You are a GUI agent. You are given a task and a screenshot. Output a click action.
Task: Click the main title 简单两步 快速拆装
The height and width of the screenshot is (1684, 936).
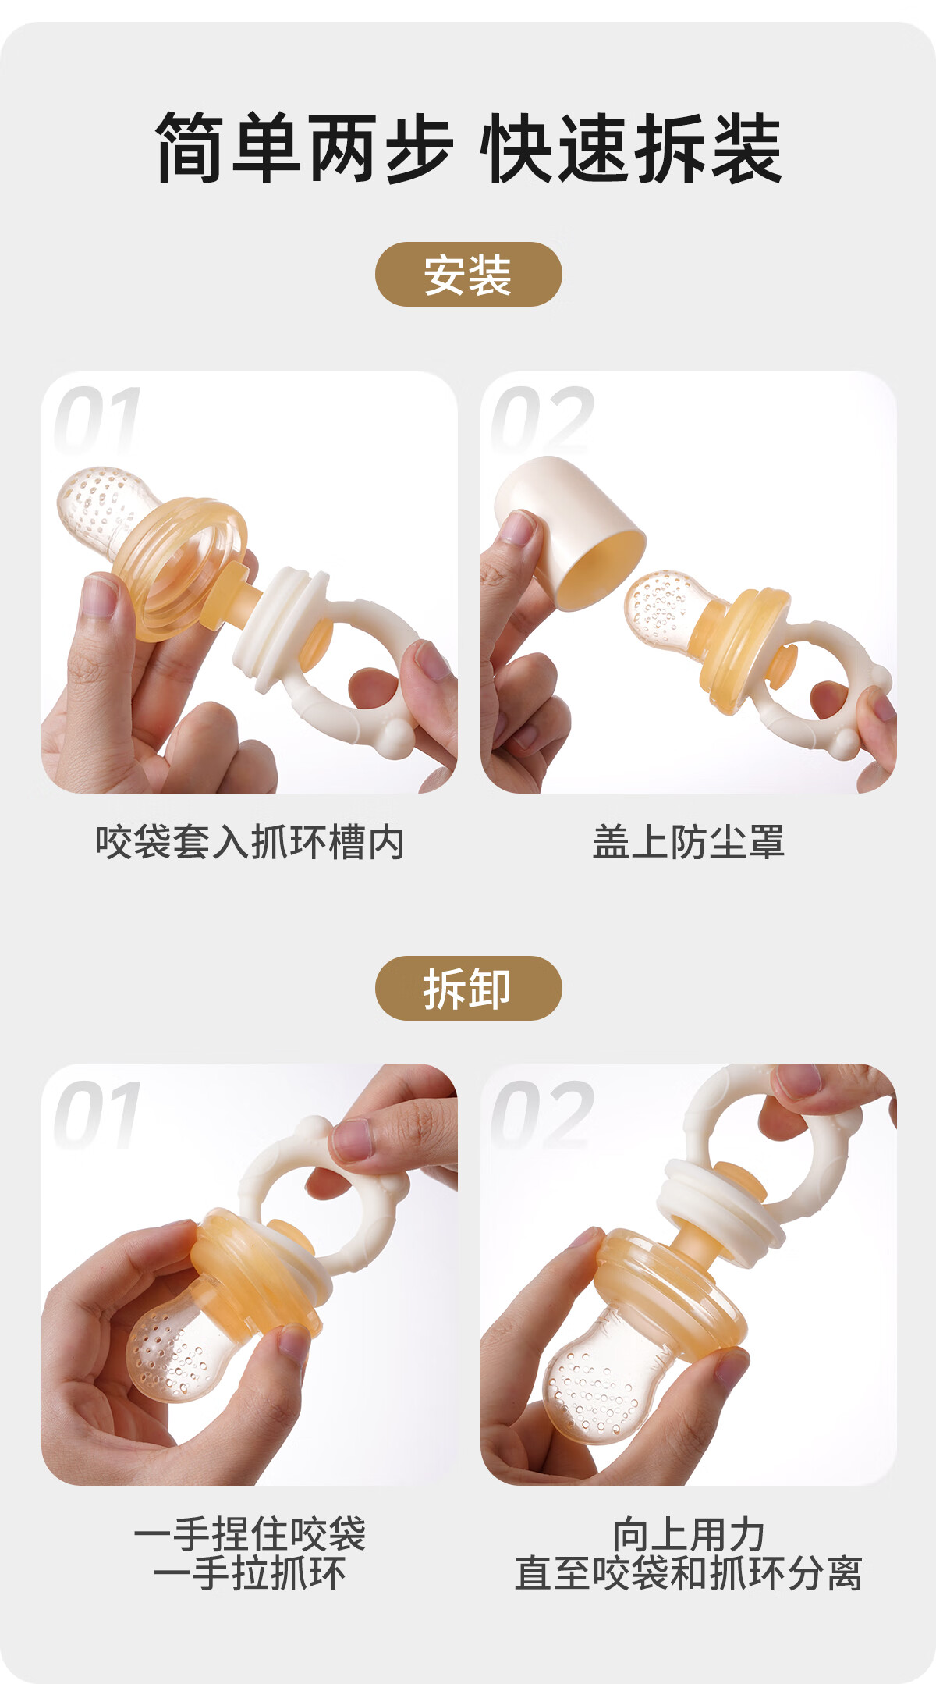(468, 148)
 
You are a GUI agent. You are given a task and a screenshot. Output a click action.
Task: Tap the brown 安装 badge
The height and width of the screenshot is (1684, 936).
(469, 275)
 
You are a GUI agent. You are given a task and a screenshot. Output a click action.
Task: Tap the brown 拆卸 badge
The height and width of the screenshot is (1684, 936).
(469, 989)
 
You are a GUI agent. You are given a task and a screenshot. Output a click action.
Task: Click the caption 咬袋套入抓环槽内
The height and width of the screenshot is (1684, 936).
(250, 843)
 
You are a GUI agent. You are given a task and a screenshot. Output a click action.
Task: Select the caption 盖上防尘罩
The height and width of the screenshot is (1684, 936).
(688, 843)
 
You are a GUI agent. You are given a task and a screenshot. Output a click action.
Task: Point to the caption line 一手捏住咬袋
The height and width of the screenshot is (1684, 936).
(250, 1534)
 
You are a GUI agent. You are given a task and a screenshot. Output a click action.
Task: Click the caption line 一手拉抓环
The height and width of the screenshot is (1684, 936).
(250, 1573)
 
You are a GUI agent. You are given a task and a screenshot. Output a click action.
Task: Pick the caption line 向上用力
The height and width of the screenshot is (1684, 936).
(688, 1534)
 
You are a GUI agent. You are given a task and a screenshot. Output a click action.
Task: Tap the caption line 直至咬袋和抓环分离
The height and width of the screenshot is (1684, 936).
(688, 1573)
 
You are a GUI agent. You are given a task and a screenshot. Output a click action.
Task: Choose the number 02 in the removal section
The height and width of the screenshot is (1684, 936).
(541, 1114)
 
